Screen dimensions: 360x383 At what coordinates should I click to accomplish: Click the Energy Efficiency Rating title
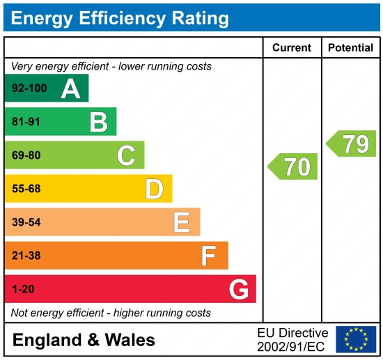click(x=120, y=17)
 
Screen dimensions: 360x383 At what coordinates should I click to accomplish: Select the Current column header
click(x=291, y=48)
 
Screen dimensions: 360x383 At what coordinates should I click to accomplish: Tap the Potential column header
click(x=350, y=48)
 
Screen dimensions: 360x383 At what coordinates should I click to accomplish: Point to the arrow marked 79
click(x=352, y=143)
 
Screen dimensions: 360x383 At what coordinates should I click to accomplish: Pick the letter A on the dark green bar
click(x=70, y=88)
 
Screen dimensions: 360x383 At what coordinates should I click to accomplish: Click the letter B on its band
click(x=98, y=122)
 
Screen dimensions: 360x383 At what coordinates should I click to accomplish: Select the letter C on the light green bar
click(x=126, y=155)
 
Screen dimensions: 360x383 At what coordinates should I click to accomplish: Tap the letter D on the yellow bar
click(x=154, y=189)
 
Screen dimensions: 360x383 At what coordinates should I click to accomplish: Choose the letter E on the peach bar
click(x=182, y=222)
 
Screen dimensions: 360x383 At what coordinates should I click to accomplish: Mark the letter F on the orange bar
click(x=209, y=256)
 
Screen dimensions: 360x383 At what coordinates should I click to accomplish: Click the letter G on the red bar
click(x=239, y=289)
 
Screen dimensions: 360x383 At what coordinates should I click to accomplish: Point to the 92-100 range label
click(x=28, y=88)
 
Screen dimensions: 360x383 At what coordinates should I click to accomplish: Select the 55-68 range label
click(x=26, y=189)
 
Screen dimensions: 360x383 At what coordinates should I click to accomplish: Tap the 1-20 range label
click(x=23, y=289)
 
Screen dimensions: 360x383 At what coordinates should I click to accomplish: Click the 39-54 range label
click(x=26, y=222)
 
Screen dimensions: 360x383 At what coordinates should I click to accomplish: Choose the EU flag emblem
click(x=355, y=339)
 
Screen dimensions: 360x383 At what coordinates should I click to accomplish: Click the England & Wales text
click(x=84, y=340)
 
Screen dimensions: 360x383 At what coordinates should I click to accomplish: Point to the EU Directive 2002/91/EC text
click(x=292, y=339)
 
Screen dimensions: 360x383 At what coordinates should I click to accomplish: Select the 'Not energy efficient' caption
click(x=111, y=313)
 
